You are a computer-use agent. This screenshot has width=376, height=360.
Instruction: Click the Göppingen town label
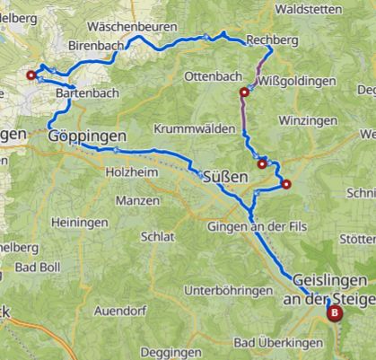tap(86, 136)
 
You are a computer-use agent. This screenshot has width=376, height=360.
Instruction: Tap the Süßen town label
tap(224, 175)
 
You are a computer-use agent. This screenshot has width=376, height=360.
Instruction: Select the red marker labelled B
tap(335, 289)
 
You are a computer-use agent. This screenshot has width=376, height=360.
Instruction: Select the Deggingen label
tap(174, 352)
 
